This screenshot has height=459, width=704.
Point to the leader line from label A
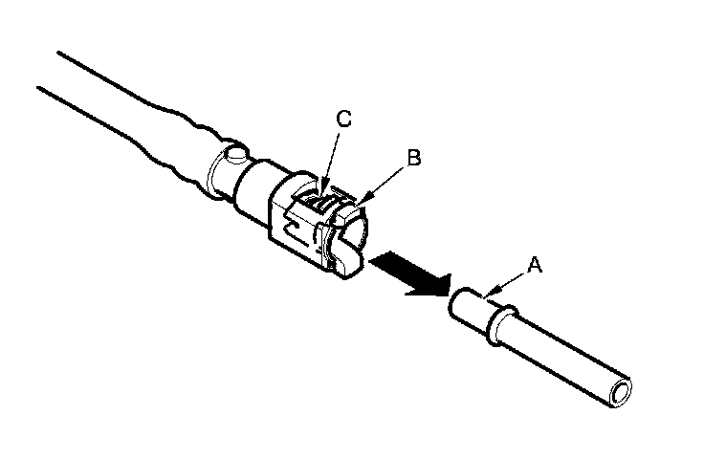coord(512,279)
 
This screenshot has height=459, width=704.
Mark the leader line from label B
coord(386,179)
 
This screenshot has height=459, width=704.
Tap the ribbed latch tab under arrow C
coord(326,202)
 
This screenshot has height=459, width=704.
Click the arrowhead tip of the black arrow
coord(444,286)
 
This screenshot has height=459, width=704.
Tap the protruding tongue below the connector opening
coord(349,260)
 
